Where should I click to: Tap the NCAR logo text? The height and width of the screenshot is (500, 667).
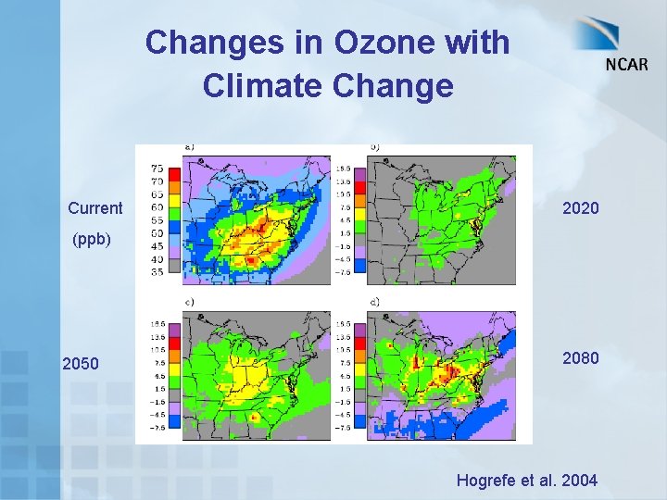pyautogui.click(x=627, y=64)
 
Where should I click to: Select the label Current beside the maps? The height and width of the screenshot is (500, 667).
pyautogui.click(x=94, y=207)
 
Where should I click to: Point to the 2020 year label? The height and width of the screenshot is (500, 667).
pyautogui.click(x=581, y=208)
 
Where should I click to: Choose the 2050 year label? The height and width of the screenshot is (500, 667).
pyautogui.click(x=81, y=363)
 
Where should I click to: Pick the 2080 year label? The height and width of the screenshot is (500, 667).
pyautogui.click(x=581, y=357)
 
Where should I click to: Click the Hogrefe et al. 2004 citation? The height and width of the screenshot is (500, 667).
pyautogui.click(x=526, y=480)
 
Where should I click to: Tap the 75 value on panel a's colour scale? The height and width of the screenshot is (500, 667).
pyautogui.click(x=157, y=169)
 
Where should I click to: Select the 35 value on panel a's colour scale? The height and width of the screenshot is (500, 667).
pyautogui.click(x=157, y=272)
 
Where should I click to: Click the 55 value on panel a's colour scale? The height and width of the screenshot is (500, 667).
pyautogui.click(x=157, y=220)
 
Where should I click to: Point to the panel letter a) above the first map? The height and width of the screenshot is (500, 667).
pyautogui.click(x=190, y=146)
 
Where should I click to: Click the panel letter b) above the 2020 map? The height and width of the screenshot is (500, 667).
pyautogui.click(x=375, y=146)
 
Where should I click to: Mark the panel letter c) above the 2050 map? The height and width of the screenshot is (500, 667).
pyautogui.click(x=190, y=302)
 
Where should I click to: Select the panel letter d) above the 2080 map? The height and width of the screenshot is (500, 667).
pyautogui.click(x=375, y=302)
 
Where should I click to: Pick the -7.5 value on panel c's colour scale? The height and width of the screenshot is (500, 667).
pyautogui.click(x=157, y=428)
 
